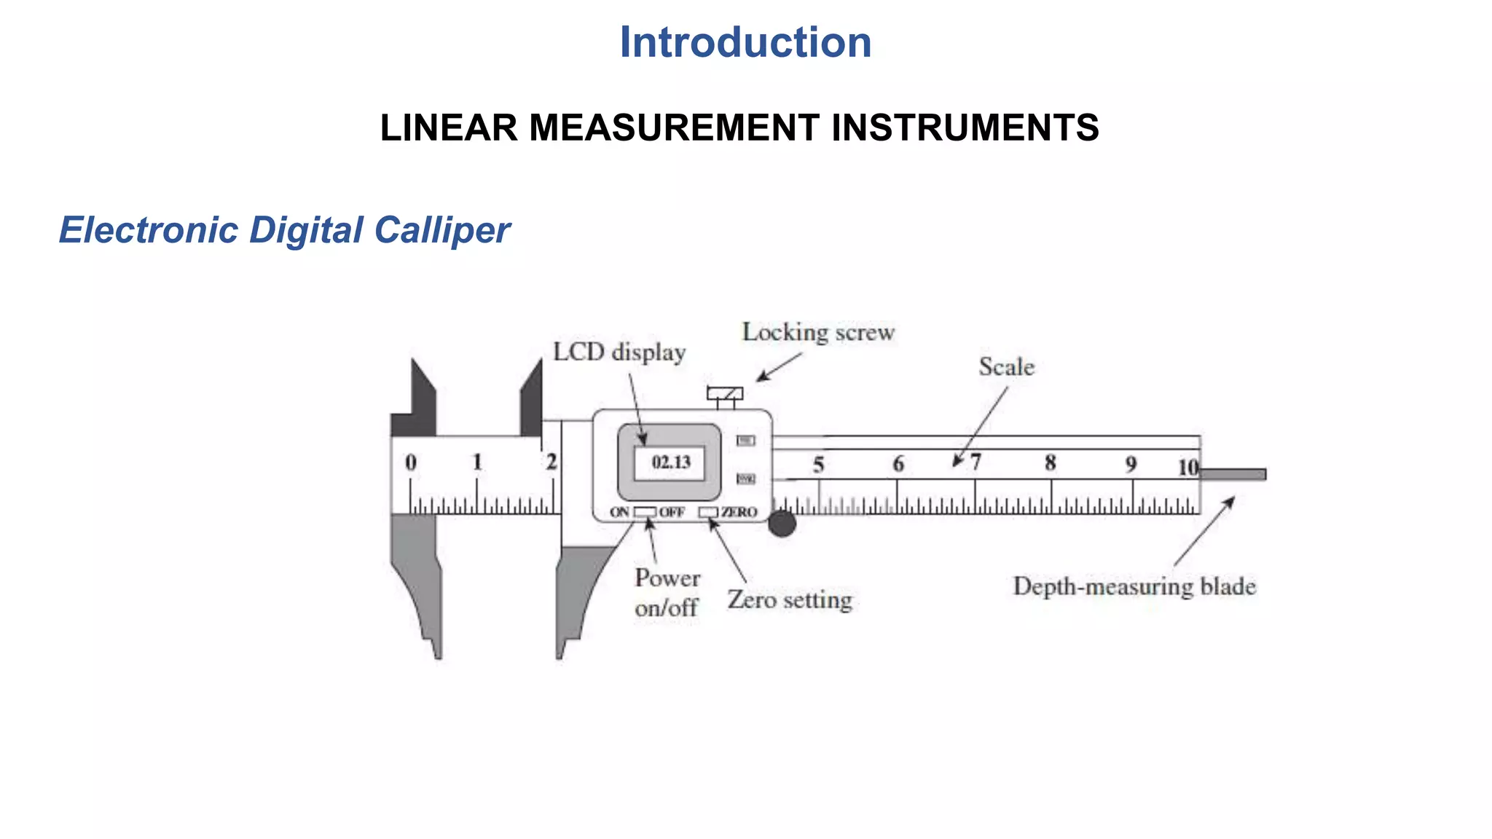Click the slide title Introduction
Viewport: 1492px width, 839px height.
tap(745, 42)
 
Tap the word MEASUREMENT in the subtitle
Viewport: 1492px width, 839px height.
tap(674, 128)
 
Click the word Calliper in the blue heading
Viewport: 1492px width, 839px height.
tap(441, 230)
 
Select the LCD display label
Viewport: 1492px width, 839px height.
tap(619, 352)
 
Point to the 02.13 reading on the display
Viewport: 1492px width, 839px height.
tap(670, 462)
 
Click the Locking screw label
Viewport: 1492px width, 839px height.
tap(818, 332)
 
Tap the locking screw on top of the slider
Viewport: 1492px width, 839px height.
tap(725, 394)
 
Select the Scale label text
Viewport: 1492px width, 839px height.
tap(1006, 366)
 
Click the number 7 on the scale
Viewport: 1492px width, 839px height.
tap(975, 462)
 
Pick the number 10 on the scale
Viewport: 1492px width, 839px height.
tap(1188, 467)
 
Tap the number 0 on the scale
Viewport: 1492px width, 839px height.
tap(411, 462)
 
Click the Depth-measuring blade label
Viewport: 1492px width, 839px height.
tap(1134, 586)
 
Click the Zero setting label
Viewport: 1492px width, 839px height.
tap(790, 599)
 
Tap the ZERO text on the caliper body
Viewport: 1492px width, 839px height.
tap(739, 512)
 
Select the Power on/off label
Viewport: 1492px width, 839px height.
tap(667, 592)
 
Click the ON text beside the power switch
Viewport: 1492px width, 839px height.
tap(619, 512)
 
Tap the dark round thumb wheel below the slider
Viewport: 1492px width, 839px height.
tap(782, 524)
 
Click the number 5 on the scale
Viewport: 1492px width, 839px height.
tap(819, 465)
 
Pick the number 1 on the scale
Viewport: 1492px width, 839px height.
tap(477, 462)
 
